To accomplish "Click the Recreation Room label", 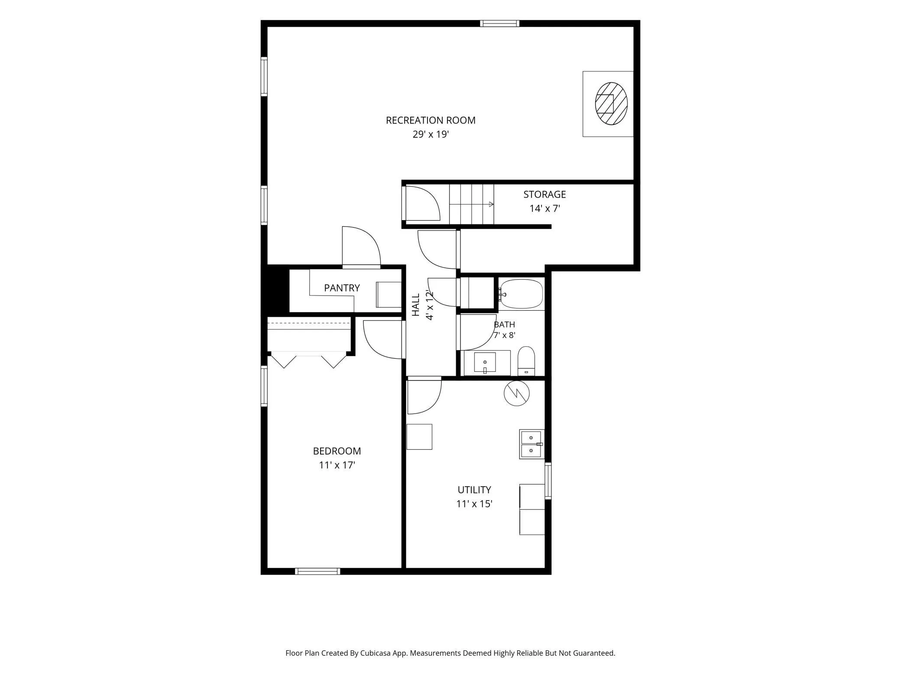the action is tap(431, 120).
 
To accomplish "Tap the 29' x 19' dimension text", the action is tap(431, 134).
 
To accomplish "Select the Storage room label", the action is tap(544, 195).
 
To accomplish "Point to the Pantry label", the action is tap(342, 288).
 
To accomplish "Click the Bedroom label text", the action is tap(337, 451).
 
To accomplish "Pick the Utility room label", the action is tap(474, 490).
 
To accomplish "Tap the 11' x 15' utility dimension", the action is tap(474, 504).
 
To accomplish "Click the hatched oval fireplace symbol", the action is tap(611, 104).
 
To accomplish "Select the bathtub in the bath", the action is tap(521, 294).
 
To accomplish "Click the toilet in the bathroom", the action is tap(526, 361).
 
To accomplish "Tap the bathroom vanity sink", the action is tap(485, 362).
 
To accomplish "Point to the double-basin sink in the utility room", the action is tap(531, 444).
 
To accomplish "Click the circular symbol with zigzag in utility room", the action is tap(517, 393).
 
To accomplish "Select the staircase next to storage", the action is tap(472, 204).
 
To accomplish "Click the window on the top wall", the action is tap(499, 23).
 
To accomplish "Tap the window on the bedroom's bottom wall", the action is tap(318, 571).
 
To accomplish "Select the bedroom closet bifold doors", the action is tap(308, 361).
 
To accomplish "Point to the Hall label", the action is tap(416, 305).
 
